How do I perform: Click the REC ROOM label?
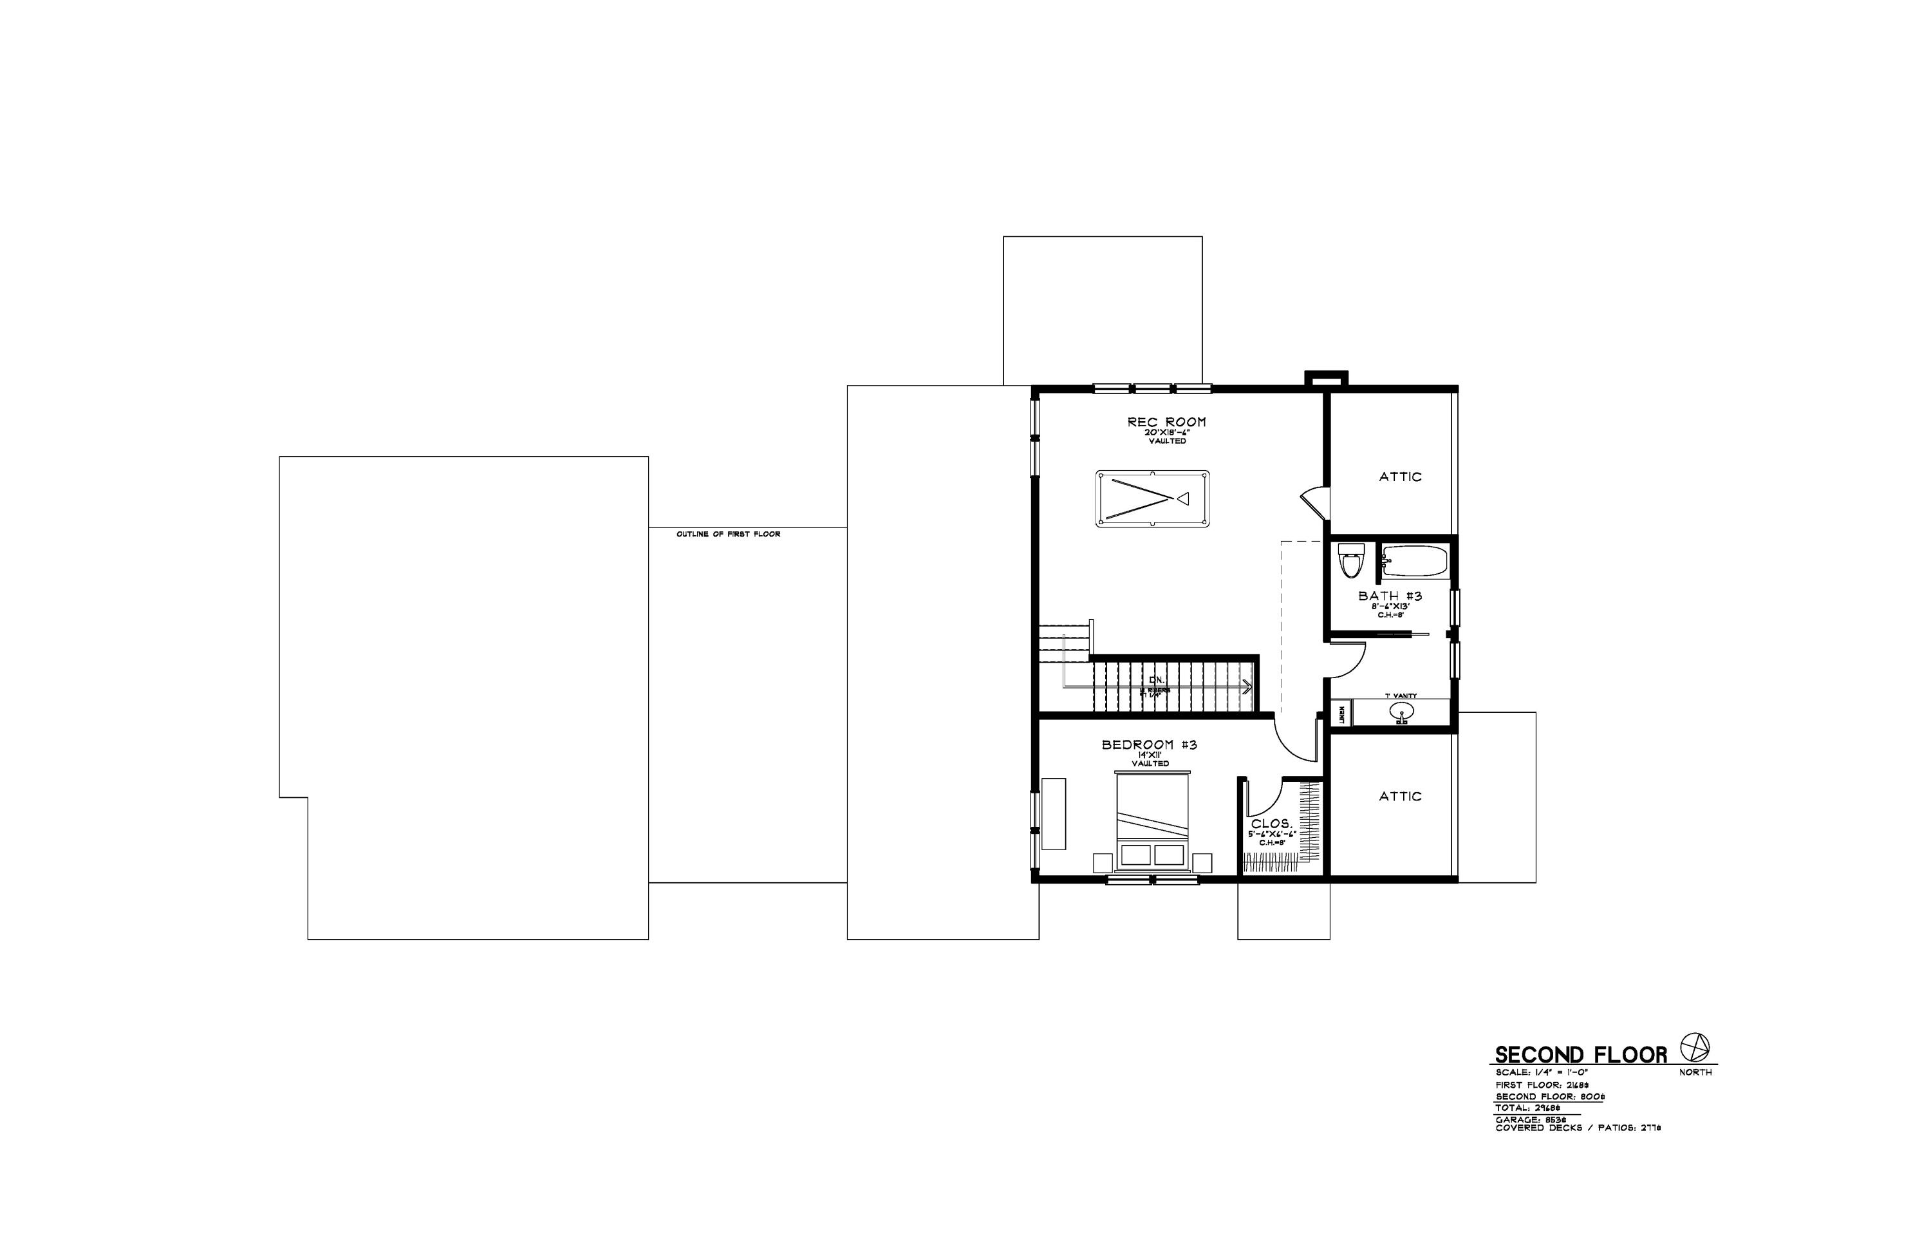[1166, 422]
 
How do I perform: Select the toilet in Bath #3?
[1350, 561]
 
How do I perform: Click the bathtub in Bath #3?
[1414, 560]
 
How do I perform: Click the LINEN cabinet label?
[1341, 715]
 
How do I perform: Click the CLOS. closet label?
[1271, 824]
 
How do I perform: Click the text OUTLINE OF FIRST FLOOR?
[728, 534]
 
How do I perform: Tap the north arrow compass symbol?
[1694, 1048]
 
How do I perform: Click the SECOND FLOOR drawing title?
[1580, 1056]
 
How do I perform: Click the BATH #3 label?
[1390, 596]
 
